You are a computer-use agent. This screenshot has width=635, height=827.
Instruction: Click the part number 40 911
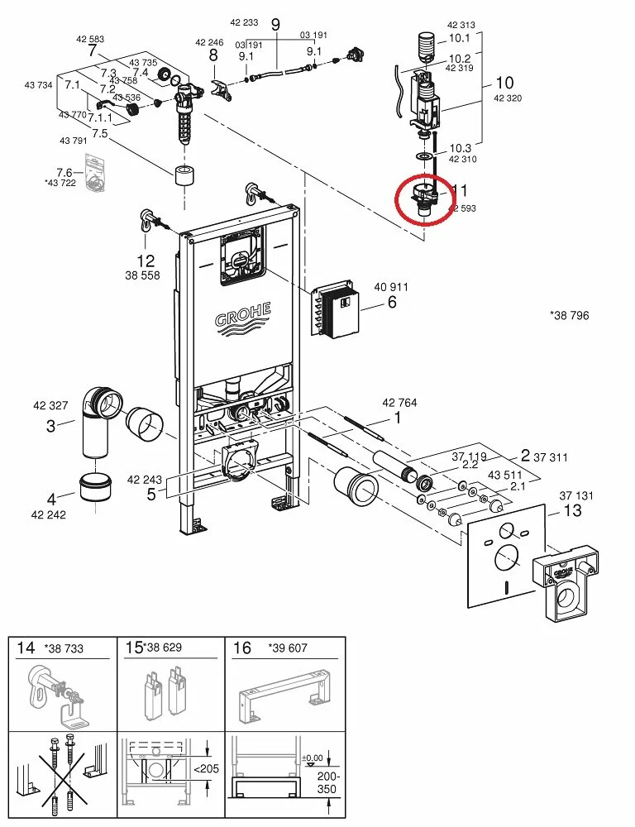pos(390,287)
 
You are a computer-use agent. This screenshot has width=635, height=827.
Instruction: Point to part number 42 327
pos(50,406)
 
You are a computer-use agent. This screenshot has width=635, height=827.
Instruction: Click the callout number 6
pos(392,303)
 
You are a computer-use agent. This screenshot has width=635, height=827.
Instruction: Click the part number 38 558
pos(143,275)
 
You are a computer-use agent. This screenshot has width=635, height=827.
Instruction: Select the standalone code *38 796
pos(569,315)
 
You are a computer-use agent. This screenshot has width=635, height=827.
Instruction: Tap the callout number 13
pos(572,510)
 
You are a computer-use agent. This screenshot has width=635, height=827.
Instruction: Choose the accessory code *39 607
pos(287,648)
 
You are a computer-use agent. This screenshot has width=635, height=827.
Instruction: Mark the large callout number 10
pos(504,83)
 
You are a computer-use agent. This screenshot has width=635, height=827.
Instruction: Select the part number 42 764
pos(399,403)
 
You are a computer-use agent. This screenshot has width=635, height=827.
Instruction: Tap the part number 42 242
pos(49,514)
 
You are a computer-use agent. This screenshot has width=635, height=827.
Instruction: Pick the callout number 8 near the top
pos(212,55)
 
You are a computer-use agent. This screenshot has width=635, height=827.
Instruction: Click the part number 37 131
pos(576,495)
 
